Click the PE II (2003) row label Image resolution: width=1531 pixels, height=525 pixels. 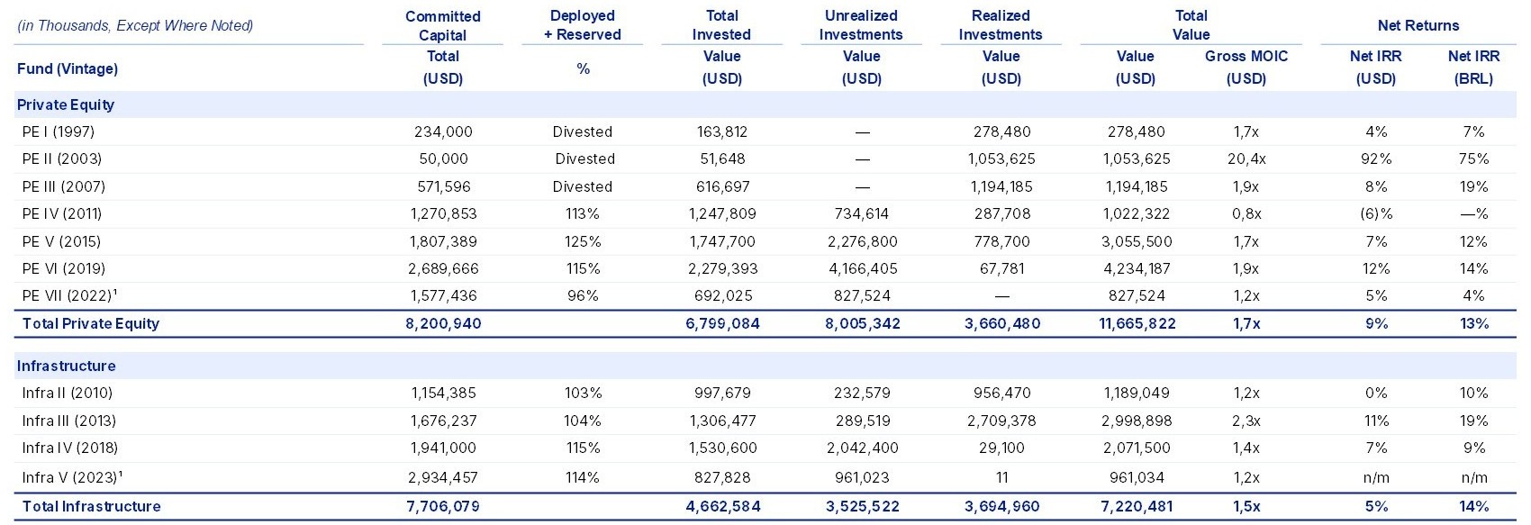point(61,158)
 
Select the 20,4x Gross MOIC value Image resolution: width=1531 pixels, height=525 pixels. point(1246,158)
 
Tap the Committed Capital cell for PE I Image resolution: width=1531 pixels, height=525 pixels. point(443,131)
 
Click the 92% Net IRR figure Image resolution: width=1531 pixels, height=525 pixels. point(1376,158)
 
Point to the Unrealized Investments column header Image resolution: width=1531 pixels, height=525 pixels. point(861,24)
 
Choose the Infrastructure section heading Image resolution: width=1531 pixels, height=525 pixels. point(67,366)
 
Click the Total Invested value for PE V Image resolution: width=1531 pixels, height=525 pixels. point(722,241)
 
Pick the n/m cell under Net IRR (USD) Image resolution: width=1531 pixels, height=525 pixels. point(1376,477)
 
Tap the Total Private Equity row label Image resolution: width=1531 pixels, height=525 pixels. point(91,323)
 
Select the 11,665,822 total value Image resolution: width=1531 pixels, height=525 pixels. point(1137,323)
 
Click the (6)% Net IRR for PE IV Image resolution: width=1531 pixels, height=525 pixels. point(1376,214)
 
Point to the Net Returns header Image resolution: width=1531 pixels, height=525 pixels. point(1418,25)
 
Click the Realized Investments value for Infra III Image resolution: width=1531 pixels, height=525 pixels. point(1001,421)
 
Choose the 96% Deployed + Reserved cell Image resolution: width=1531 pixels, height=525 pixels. point(583,295)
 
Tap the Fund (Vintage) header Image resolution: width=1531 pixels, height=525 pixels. point(68,68)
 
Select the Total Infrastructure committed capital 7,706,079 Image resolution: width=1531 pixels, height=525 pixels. point(443,507)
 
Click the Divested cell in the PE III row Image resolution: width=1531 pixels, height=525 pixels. point(583,186)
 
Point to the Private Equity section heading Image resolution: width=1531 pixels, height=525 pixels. point(66,104)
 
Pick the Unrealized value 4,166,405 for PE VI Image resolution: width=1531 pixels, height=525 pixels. point(863,268)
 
